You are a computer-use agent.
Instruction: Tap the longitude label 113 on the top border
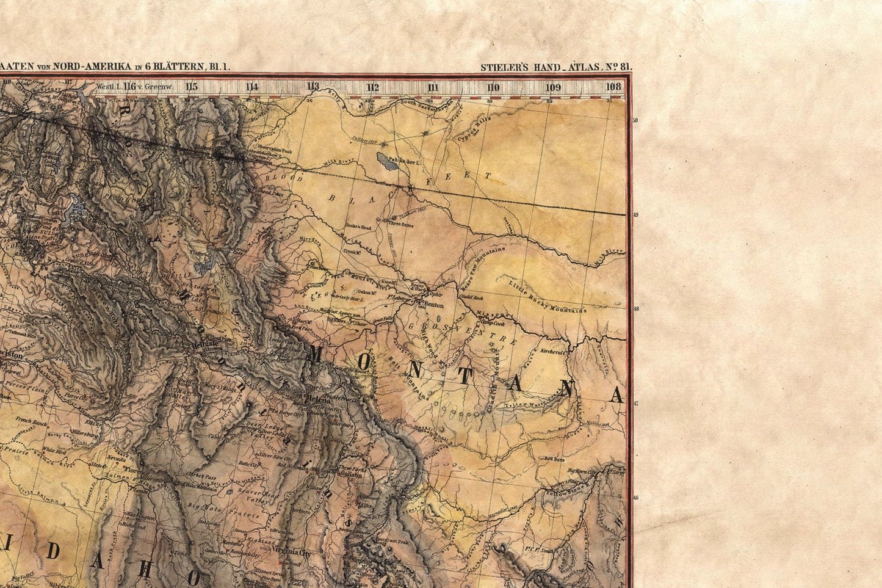(x=313, y=87)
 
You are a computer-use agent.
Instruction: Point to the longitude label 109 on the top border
(x=553, y=87)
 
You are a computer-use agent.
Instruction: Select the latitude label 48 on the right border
(x=635, y=309)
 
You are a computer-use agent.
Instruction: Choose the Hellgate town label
(x=204, y=344)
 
